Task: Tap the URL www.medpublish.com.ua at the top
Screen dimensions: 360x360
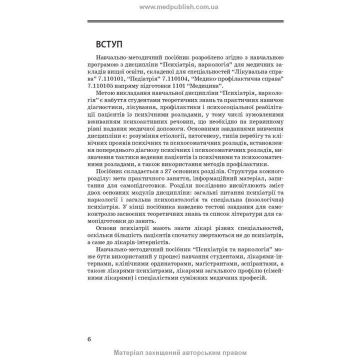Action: (180, 7)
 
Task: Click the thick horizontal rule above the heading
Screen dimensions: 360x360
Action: (185, 22)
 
